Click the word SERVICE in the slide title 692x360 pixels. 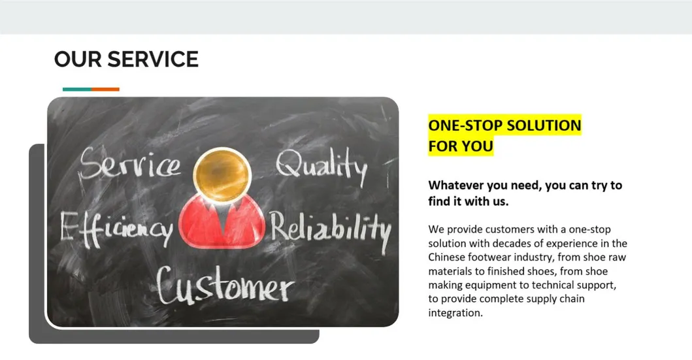coord(153,59)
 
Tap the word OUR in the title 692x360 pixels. coord(78,59)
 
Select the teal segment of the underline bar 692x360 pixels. coord(77,89)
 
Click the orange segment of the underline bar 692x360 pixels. coord(105,89)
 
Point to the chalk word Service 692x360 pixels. coord(130,164)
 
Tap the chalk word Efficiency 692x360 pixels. coord(116,229)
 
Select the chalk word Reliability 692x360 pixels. coord(331,231)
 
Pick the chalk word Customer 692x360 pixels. coord(225,285)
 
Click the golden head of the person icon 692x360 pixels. coord(222,172)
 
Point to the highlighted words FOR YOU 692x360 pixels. coord(461,146)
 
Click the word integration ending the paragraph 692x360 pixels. coord(455,313)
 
